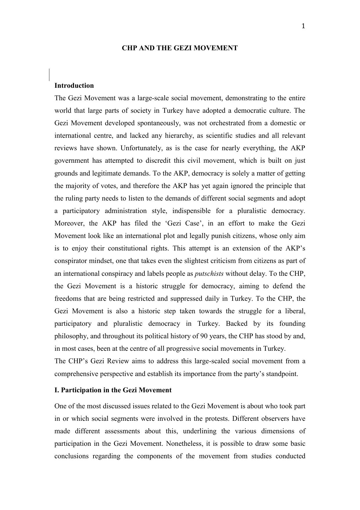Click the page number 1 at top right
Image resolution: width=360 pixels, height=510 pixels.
point(303,26)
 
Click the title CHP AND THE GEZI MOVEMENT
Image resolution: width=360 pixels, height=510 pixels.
point(180,48)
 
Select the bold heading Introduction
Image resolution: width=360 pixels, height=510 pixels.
point(74,85)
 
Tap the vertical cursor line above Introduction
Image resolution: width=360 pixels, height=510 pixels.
point(49,75)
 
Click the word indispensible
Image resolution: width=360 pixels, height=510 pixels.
point(191,211)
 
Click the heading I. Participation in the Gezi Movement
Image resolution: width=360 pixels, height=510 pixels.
point(113,390)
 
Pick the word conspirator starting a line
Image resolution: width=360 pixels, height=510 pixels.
point(71,261)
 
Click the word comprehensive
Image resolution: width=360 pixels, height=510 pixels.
point(76,374)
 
